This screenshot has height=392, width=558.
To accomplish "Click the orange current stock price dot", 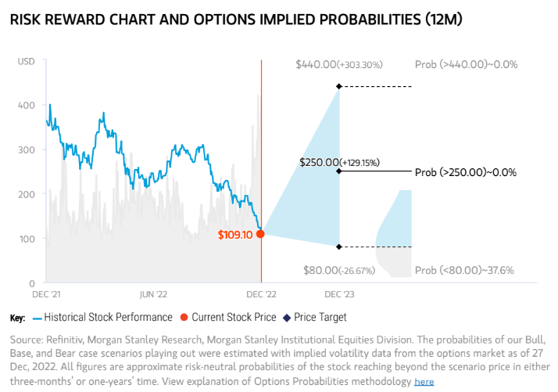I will click(x=261, y=233).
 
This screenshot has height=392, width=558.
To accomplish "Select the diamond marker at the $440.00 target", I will click(x=338, y=86).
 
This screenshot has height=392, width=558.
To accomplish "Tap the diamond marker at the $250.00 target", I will click(x=338, y=171).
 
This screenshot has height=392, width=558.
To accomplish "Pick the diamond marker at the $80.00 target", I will click(x=338, y=247).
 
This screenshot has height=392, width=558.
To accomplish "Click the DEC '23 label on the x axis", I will click(x=338, y=295).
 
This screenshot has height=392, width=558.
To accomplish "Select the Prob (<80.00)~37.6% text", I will click(x=463, y=271).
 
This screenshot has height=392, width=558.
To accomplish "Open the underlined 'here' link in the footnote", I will click(x=424, y=382).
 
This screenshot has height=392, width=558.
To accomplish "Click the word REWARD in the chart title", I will click(x=80, y=19).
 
